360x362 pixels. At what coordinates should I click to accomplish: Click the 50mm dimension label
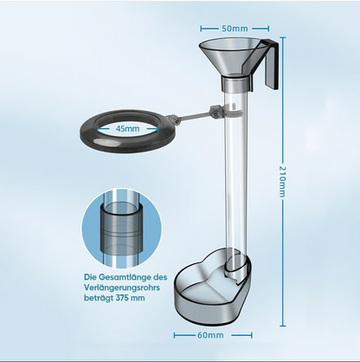(235, 29)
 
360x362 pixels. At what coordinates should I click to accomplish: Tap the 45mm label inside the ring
(127, 128)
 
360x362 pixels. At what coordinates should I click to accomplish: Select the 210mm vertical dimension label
(282, 182)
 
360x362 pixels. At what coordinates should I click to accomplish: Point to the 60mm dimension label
(210, 335)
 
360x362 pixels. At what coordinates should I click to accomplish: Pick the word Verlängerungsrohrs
(122, 288)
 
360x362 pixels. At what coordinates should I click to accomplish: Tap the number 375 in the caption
(122, 298)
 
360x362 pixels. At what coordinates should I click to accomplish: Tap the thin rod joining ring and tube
(192, 116)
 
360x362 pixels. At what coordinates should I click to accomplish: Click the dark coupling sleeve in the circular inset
(121, 229)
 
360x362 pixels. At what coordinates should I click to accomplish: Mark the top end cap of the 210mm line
(282, 37)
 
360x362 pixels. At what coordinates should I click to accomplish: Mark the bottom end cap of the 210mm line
(282, 326)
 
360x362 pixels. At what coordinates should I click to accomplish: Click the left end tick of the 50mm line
(201, 29)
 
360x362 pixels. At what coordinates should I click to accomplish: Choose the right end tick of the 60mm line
(252, 335)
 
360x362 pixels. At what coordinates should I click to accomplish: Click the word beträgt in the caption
(99, 298)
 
